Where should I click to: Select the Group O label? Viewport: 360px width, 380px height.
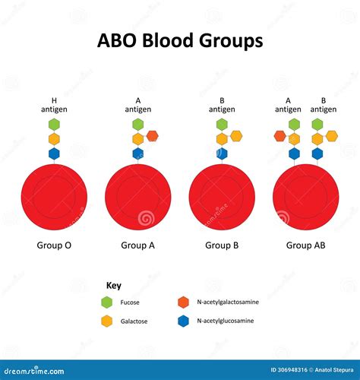click(54, 245)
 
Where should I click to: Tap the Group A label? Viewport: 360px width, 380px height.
click(137, 245)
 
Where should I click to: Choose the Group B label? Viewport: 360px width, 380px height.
click(222, 245)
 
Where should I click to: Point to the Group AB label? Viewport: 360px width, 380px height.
click(305, 245)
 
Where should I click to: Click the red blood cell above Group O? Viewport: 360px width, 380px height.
click(54, 198)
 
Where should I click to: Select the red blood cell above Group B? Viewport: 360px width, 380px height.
click(222, 198)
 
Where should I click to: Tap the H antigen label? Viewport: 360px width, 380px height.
click(54, 105)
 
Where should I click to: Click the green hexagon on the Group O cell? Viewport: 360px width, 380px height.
click(54, 124)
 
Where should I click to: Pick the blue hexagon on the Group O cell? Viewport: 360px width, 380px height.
click(54, 154)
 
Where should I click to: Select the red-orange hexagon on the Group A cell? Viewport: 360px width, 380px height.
click(152, 136)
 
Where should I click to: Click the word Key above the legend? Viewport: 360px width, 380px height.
click(113, 286)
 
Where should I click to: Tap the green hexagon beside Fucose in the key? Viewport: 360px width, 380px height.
click(106, 302)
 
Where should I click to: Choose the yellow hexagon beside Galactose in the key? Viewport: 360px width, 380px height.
click(106, 321)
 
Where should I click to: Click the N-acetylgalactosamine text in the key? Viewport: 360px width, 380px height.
click(227, 302)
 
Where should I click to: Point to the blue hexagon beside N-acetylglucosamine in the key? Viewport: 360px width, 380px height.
click(182, 321)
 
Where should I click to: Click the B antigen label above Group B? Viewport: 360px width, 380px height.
click(222, 105)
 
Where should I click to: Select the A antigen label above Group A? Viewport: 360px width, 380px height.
click(137, 105)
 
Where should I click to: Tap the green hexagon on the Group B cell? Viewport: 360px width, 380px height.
click(222, 124)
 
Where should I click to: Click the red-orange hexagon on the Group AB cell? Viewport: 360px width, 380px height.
click(279, 136)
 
